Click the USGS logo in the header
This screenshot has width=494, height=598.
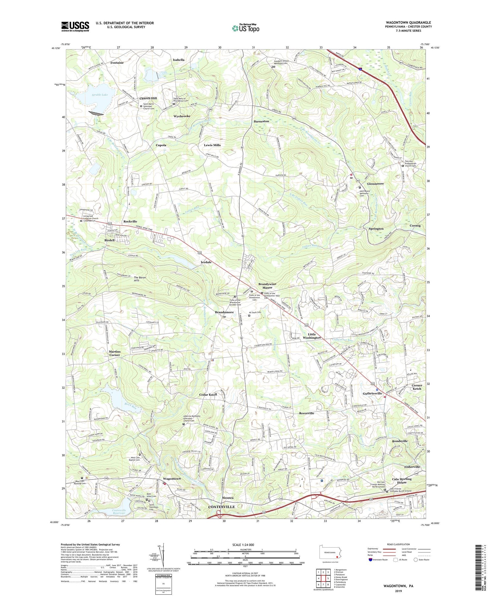point(75,26)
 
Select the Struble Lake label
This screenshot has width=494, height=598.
point(99,95)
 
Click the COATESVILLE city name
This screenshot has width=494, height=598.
point(221,507)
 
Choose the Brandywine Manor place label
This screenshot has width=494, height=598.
point(267,286)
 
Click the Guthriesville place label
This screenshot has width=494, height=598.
point(372,393)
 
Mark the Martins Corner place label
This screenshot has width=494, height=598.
point(115,353)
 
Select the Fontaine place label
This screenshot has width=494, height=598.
point(117,63)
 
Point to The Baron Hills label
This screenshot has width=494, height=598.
point(140,279)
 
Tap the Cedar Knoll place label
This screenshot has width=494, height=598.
point(208,394)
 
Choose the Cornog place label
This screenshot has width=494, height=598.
point(415,226)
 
